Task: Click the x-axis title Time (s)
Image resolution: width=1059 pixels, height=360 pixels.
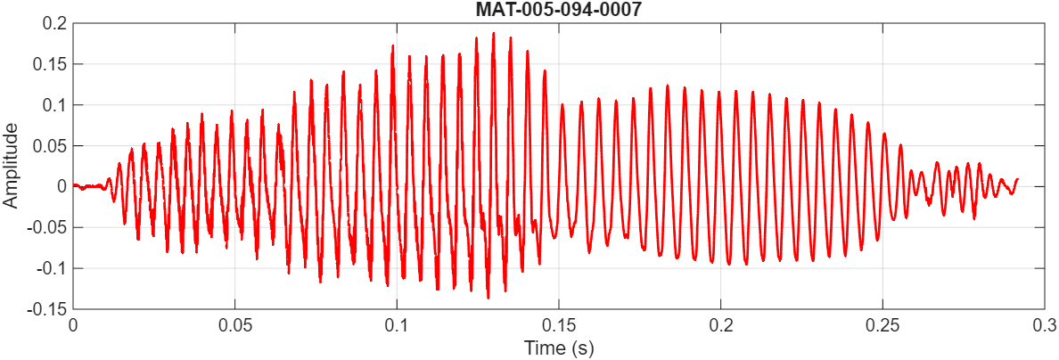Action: click(559, 348)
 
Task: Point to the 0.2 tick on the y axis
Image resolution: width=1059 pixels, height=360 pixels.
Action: click(54, 23)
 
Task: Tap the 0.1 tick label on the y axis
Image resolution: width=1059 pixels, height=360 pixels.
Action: click(54, 105)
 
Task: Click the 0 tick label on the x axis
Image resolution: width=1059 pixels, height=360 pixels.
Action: click(73, 324)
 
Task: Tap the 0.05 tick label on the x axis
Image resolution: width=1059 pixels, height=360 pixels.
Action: click(234, 324)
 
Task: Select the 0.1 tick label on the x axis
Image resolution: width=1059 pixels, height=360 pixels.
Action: click(397, 324)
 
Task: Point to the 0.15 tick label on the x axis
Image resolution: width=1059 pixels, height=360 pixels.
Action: click(559, 324)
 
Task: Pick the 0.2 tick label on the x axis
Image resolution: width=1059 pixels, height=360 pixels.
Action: click(721, 324)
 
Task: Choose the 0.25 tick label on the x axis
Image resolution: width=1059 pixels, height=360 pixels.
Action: click(883, 324)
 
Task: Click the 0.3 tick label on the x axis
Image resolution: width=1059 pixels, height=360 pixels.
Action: click(1045, 324)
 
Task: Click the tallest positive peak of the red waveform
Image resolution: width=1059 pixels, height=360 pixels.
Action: click(492, 34)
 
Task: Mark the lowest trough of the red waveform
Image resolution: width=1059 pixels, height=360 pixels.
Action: click(488, 298)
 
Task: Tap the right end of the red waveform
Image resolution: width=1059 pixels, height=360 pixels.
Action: click(1017, 179)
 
